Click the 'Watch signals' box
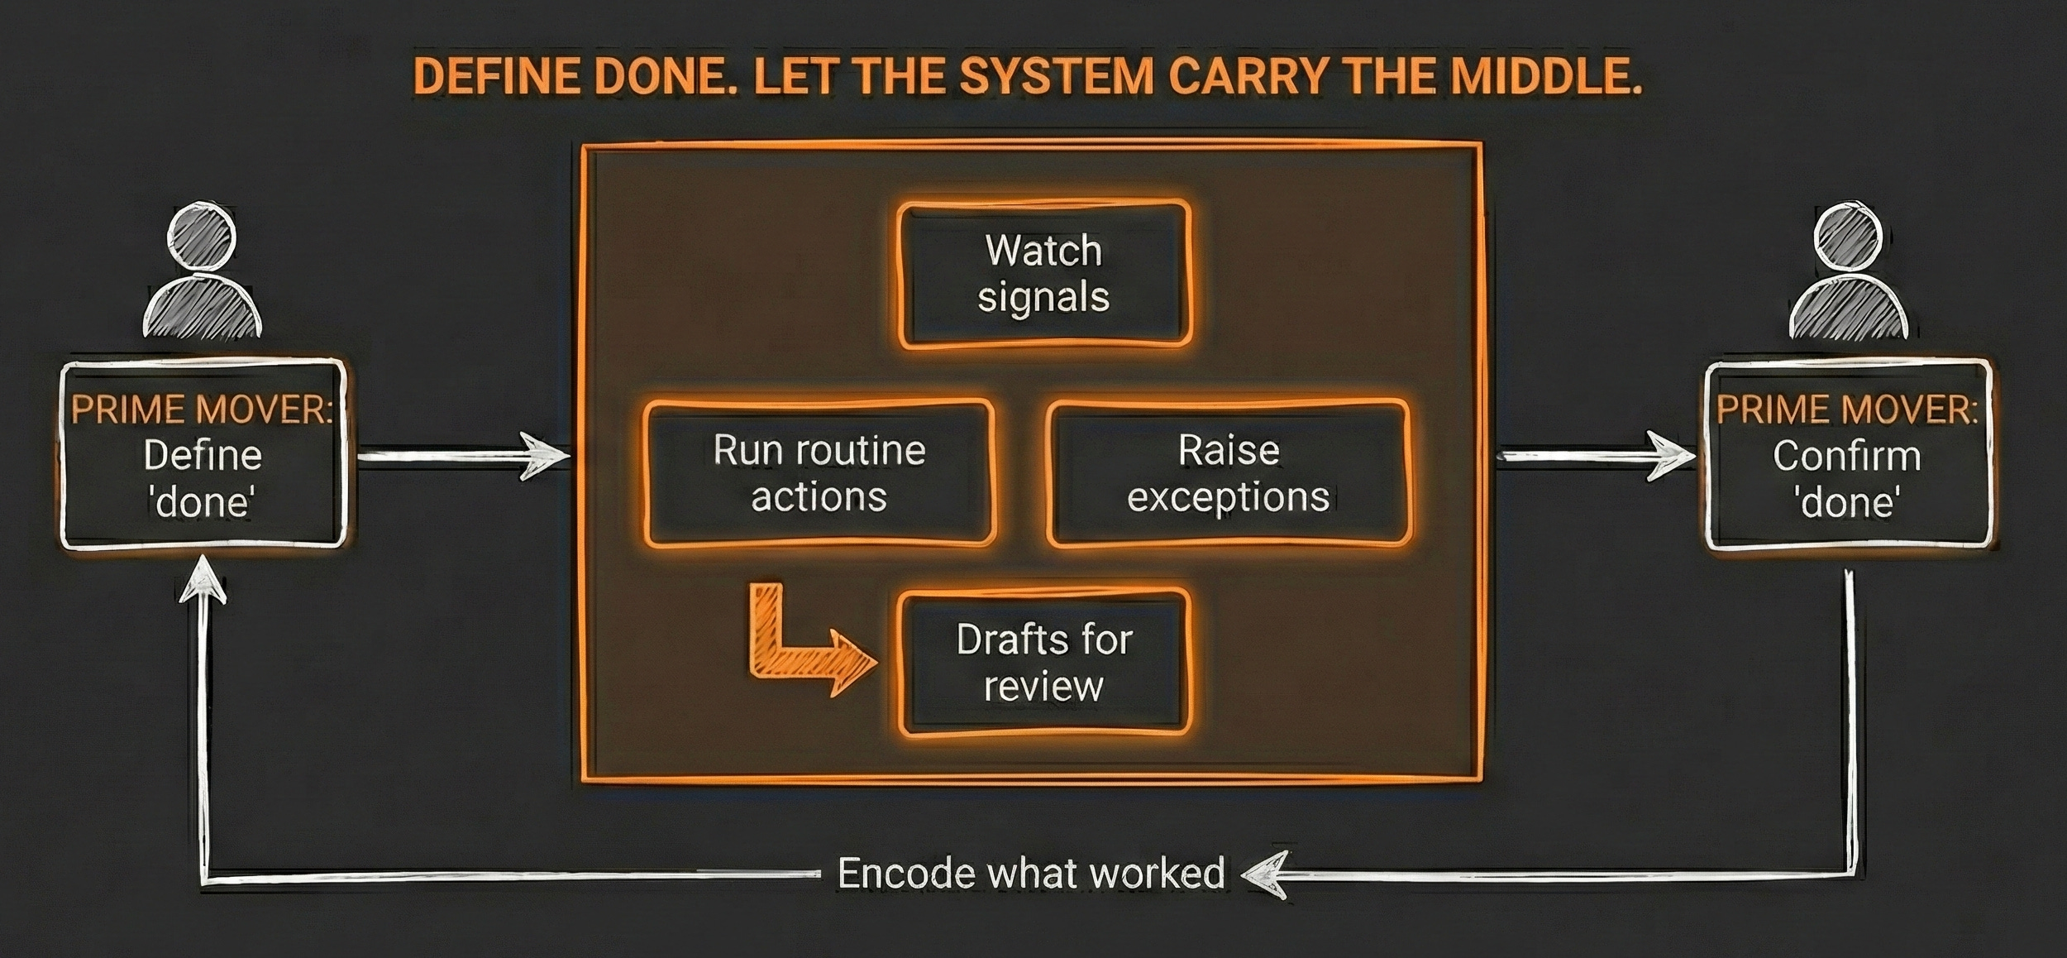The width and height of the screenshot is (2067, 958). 1043,274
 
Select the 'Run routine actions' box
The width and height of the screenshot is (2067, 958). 819,473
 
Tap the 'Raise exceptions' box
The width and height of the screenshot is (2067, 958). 1228,473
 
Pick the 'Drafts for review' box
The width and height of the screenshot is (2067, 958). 1043,662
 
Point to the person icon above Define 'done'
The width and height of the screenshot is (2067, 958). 203,273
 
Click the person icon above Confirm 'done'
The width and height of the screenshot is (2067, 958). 1848,273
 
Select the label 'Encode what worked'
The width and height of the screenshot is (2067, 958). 1030,874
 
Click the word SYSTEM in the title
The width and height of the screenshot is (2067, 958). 1056,77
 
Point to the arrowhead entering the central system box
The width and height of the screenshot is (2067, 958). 546,455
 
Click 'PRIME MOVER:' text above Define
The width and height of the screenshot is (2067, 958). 203,410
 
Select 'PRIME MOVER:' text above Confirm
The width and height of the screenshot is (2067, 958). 1848,410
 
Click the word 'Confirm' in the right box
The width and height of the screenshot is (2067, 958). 1846,457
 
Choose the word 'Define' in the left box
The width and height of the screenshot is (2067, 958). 203,456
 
